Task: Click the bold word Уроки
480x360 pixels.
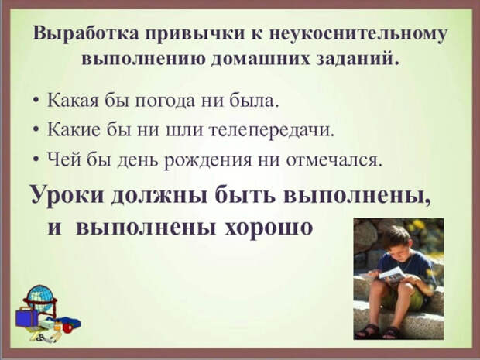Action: point(68,195)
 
